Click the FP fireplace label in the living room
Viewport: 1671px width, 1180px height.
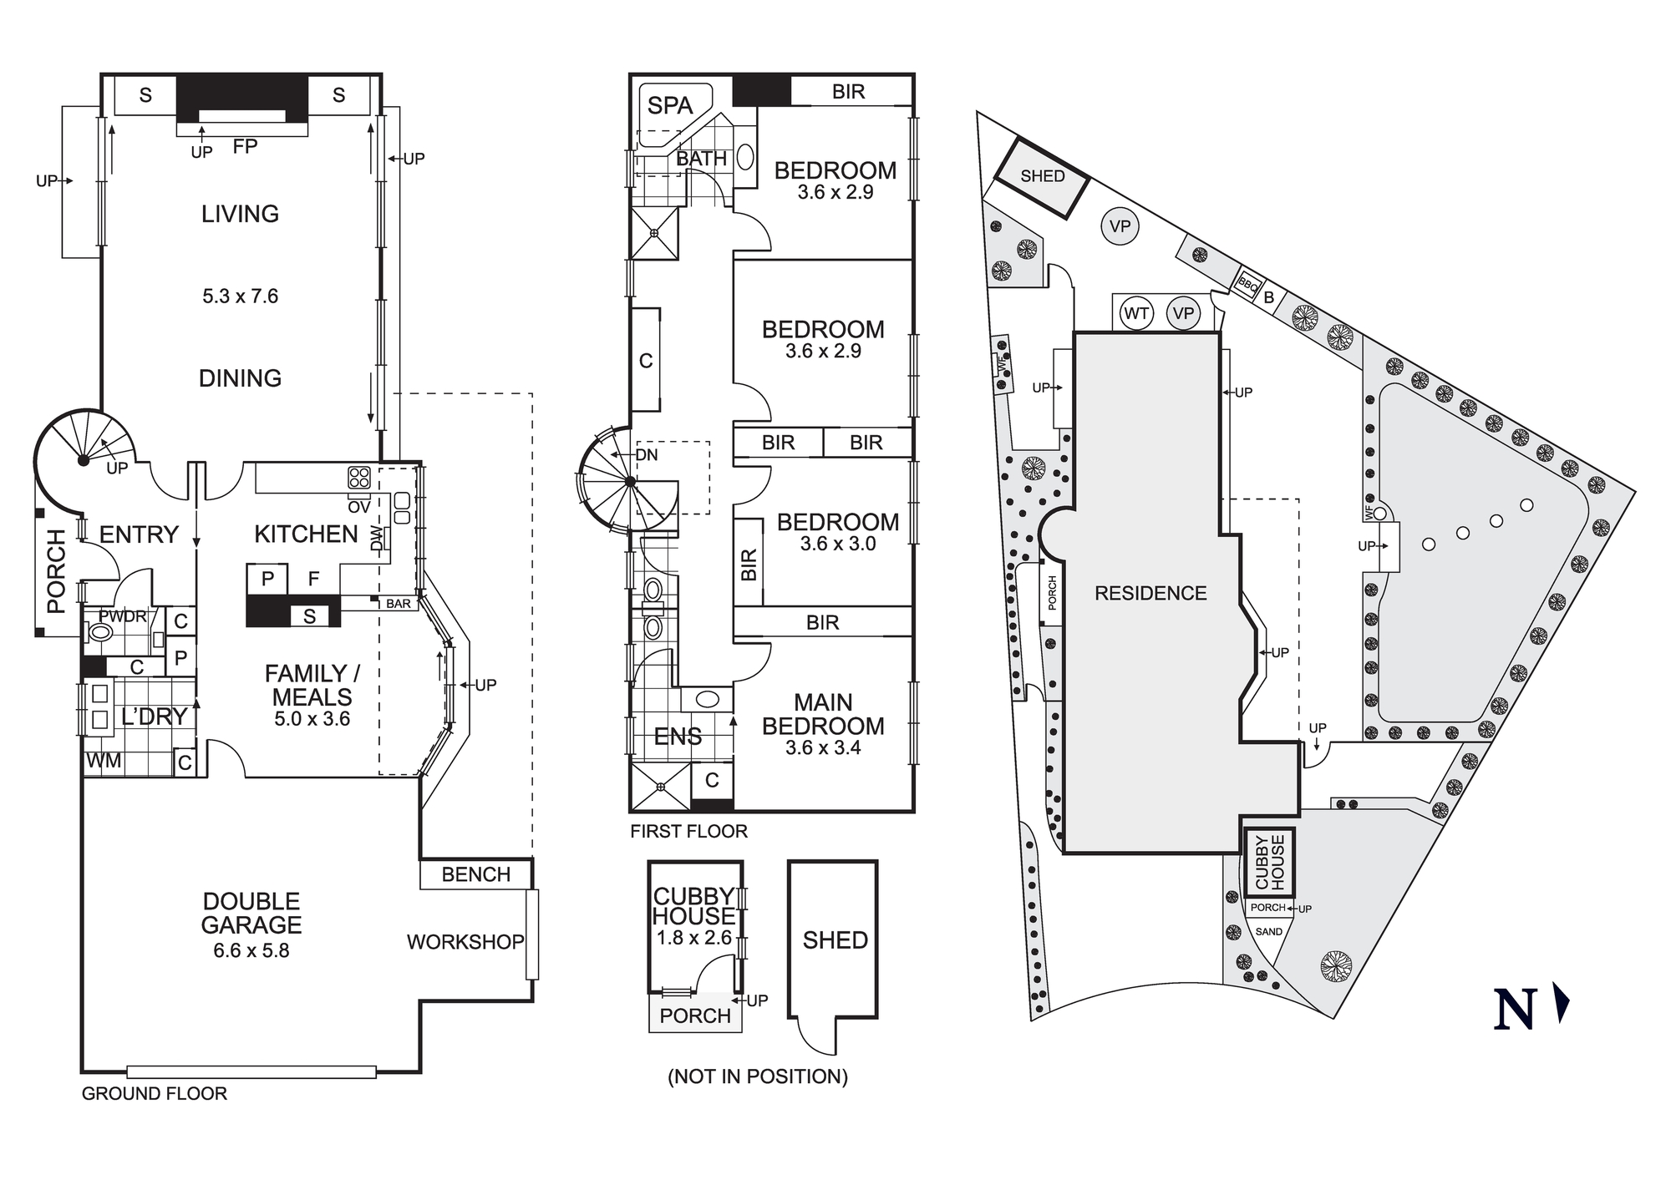(245, 147)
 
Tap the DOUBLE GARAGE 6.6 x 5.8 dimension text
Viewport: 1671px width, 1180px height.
(251, 951)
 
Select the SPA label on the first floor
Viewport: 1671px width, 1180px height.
(670, 106)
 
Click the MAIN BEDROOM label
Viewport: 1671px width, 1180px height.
(823, 715)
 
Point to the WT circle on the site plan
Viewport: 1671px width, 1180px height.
(1136, 314)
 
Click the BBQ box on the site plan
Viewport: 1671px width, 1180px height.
(1247, 284)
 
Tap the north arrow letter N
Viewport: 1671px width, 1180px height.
(1515, 1009)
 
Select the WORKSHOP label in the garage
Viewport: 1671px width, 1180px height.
(465, 942)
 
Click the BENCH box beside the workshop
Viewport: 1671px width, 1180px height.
(475, 874)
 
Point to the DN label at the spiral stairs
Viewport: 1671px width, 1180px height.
(647, 455)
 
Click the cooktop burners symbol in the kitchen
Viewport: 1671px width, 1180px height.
(359, 478)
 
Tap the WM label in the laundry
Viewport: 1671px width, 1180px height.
(104, 761)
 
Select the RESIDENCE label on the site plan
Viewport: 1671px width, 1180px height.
(1150, 594)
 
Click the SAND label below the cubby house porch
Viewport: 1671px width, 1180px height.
(1268, 932)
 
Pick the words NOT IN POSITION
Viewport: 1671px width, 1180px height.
(758, 1077)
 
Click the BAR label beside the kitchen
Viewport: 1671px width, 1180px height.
(399, 604)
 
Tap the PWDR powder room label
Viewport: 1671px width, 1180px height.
(122, 617)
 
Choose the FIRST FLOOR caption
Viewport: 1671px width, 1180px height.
(688, 832)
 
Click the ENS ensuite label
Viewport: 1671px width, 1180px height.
(678, 737)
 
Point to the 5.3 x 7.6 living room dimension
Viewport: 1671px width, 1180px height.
(240, 296)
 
